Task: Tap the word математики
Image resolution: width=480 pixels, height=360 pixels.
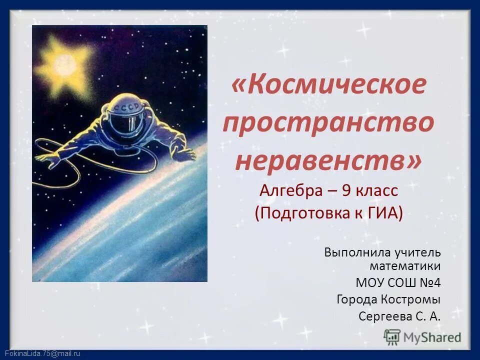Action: (405, 265)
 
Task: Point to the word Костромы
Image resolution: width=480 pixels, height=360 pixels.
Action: (413, 299)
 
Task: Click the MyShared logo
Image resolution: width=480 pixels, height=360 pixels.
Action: (423, 337)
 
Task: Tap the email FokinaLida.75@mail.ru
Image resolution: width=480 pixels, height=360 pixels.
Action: (41, 353)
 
